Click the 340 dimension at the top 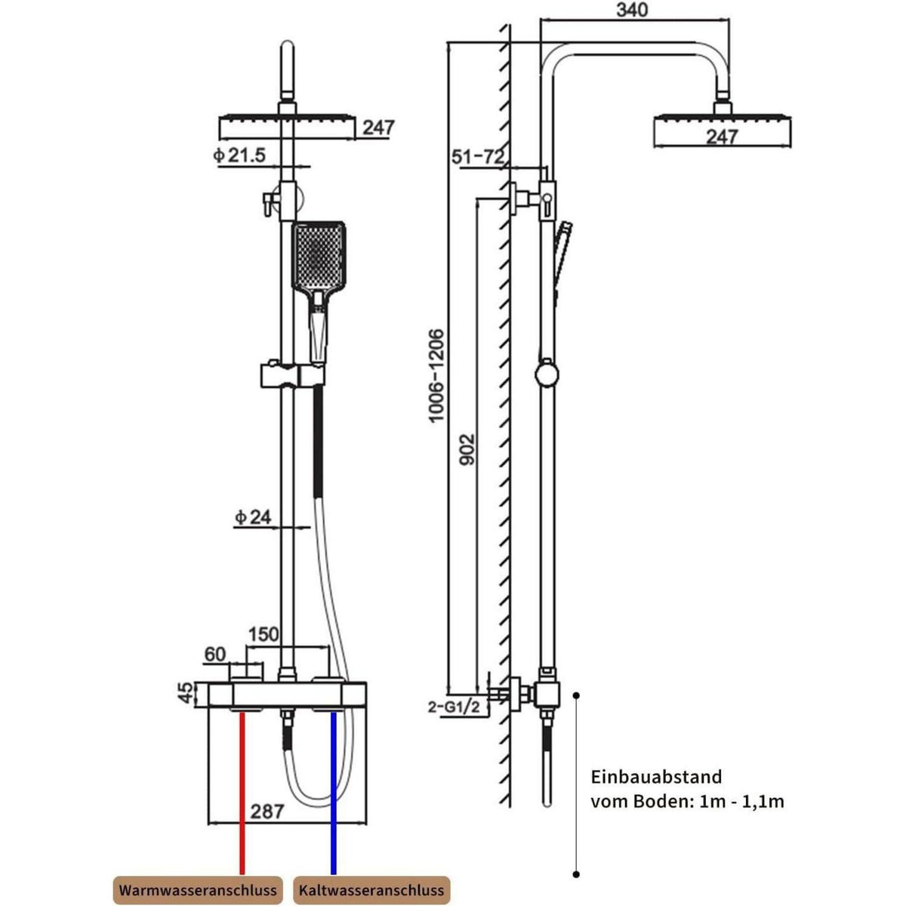point(631,11)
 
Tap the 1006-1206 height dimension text point(437,376)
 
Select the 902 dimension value point(468,450)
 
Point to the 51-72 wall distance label point(478,156)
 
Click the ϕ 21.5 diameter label point(239,155)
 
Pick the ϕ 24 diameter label point(254,517)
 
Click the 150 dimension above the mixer point(263,634)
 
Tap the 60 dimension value point(215,654)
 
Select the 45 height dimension point(186,694)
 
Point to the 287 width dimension point(267,812)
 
